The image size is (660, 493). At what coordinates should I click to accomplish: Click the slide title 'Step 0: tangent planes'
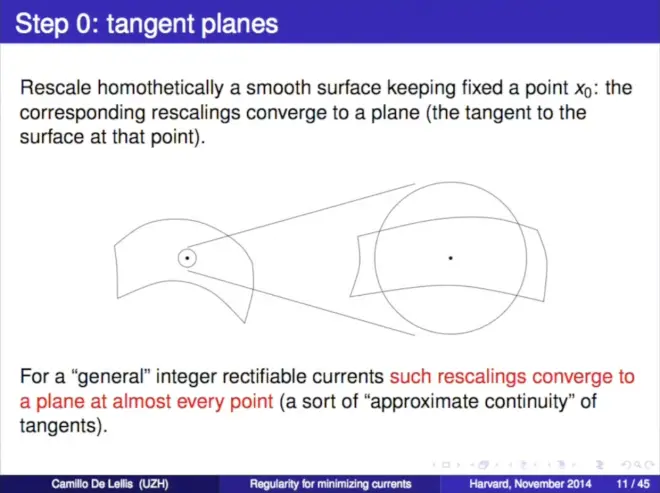(x=146, y=23)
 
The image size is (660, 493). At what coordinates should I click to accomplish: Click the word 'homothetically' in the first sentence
(x=160, y=88)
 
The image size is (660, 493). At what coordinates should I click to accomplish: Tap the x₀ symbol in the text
(x=584, y=89)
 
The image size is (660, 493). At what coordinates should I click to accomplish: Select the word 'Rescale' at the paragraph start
(x=55, y=88)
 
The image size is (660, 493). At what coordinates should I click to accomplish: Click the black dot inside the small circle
(x=187, y=258)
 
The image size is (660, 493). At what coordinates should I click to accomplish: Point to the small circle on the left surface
(x=187, y=249)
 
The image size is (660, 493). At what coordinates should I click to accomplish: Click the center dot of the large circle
(x=450, y=258)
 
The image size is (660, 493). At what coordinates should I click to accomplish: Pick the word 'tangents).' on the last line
(x=64, y=426)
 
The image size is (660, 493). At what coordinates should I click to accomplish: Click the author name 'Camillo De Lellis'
(x=92, y=484)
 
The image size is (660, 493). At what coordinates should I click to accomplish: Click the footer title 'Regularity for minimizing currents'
(x=330, y=484)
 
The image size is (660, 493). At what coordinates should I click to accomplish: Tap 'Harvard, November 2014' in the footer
(x=530, y=484)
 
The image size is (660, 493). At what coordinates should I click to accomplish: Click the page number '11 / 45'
(x=633, y=484)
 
